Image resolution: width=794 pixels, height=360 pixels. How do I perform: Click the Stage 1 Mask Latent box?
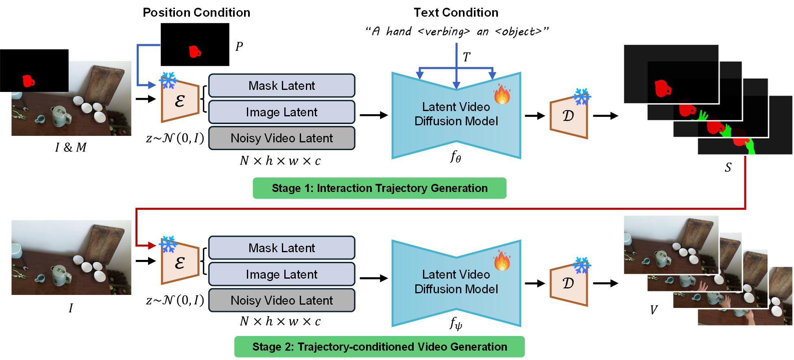click(x=281, y=85)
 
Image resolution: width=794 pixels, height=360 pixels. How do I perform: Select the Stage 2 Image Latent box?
click(x=281, y=274)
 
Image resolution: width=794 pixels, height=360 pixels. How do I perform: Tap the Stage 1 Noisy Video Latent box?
click(x=281, y=138)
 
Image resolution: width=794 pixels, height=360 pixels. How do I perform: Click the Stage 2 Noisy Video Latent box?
click(x=281, y=301)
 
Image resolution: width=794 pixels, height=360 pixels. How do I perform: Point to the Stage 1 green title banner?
click(x=380, y=188)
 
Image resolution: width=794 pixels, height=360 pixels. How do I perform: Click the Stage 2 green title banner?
click(x=380, y=347)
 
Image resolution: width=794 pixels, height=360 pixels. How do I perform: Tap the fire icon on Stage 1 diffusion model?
click(x=502, y=95)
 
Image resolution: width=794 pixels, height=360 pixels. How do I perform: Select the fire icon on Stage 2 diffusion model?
click(x=502, y=261)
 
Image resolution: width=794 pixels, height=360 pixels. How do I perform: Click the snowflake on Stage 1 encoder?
click(x=168, y=80)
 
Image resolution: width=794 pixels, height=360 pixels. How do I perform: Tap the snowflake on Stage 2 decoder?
click(x=582, y=265)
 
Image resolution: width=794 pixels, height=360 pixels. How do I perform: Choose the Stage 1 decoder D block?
click(x=569, y=117)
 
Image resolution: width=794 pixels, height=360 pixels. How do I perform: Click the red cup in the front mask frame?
click(x=662, y=88)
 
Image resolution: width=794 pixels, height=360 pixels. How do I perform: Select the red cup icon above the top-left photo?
click(x=28, y=81)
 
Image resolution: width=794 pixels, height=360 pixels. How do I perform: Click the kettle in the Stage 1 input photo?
click(x=60, y=116)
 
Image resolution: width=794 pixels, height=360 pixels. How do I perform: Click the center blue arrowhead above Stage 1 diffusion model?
click(x=456, y=85)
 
